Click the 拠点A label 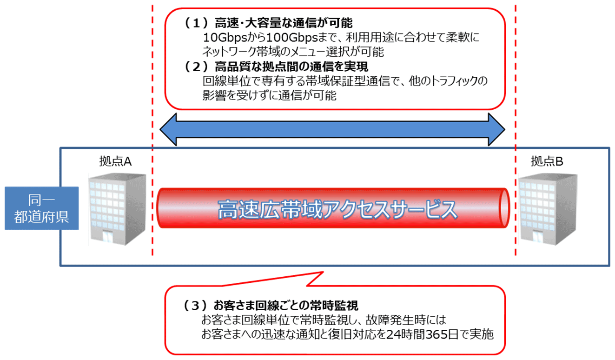(x=116, y=161)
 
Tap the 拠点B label (x=547, y=161)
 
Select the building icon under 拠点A (x=117, y=209)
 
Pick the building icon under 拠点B (x=548, y=209)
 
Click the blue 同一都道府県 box (x=42, y=208)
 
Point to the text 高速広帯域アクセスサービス (x=337, y=210)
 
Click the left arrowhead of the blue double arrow (x=168, y=129)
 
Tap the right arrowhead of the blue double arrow (x=496, y=129)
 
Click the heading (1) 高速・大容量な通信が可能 (x=268, y=23)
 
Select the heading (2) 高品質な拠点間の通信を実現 (x=276, y=67)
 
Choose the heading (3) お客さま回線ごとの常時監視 (x=271, y=305)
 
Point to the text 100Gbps (x=292, y=38)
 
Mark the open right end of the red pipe (x=504, y=208)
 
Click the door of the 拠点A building (x=108, y=237)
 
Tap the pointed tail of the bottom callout (x=323, y=272)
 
